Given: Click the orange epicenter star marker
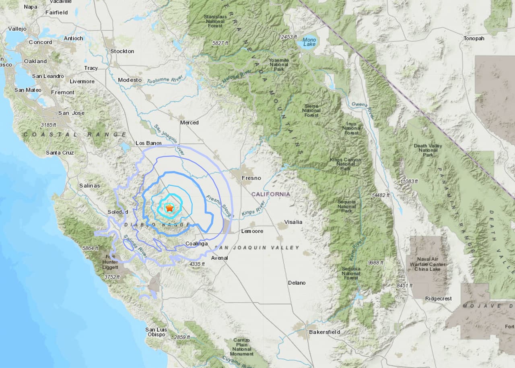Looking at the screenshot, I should [x=169, y=208].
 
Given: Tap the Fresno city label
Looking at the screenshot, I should [x=251, y=178].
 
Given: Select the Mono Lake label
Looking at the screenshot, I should [x=309, y=42].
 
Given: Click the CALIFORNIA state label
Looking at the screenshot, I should [x=271, y=194].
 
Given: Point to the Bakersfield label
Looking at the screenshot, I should [x=324, y=332].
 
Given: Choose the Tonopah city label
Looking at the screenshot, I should [x=474, y=38].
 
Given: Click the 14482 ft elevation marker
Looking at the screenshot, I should [x=380, y=195].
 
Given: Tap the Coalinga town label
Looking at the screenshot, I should [x=197, y=244].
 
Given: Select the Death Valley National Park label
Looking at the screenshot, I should [x=428, y=150].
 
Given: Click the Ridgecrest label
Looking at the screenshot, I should [x=438, y=299].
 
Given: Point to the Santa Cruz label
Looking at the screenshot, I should [x=60, y=153].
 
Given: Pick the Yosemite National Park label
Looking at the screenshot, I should [x=279, y=64].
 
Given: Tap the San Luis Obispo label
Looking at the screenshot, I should [x=155, y=332].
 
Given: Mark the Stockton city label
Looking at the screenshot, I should [x=122, y=51].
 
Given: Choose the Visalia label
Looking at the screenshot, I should [x=293, y=222].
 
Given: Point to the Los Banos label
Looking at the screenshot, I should [x=148, y=143].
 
